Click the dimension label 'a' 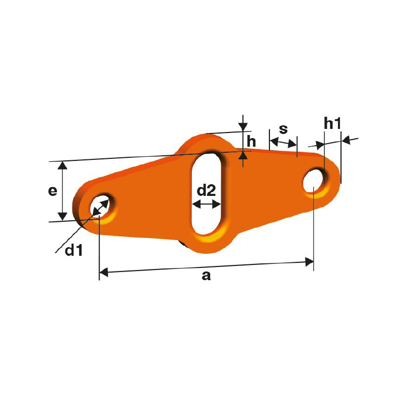pos(206,276)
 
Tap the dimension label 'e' pos(53,191)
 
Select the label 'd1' pos(74,250)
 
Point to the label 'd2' pos(206,190)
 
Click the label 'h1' pos(332,123)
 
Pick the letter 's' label pos(283,129)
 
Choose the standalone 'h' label pos(251,142)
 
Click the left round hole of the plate pos(100,207)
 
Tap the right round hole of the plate pos(314,181)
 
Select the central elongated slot pos(206,194)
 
